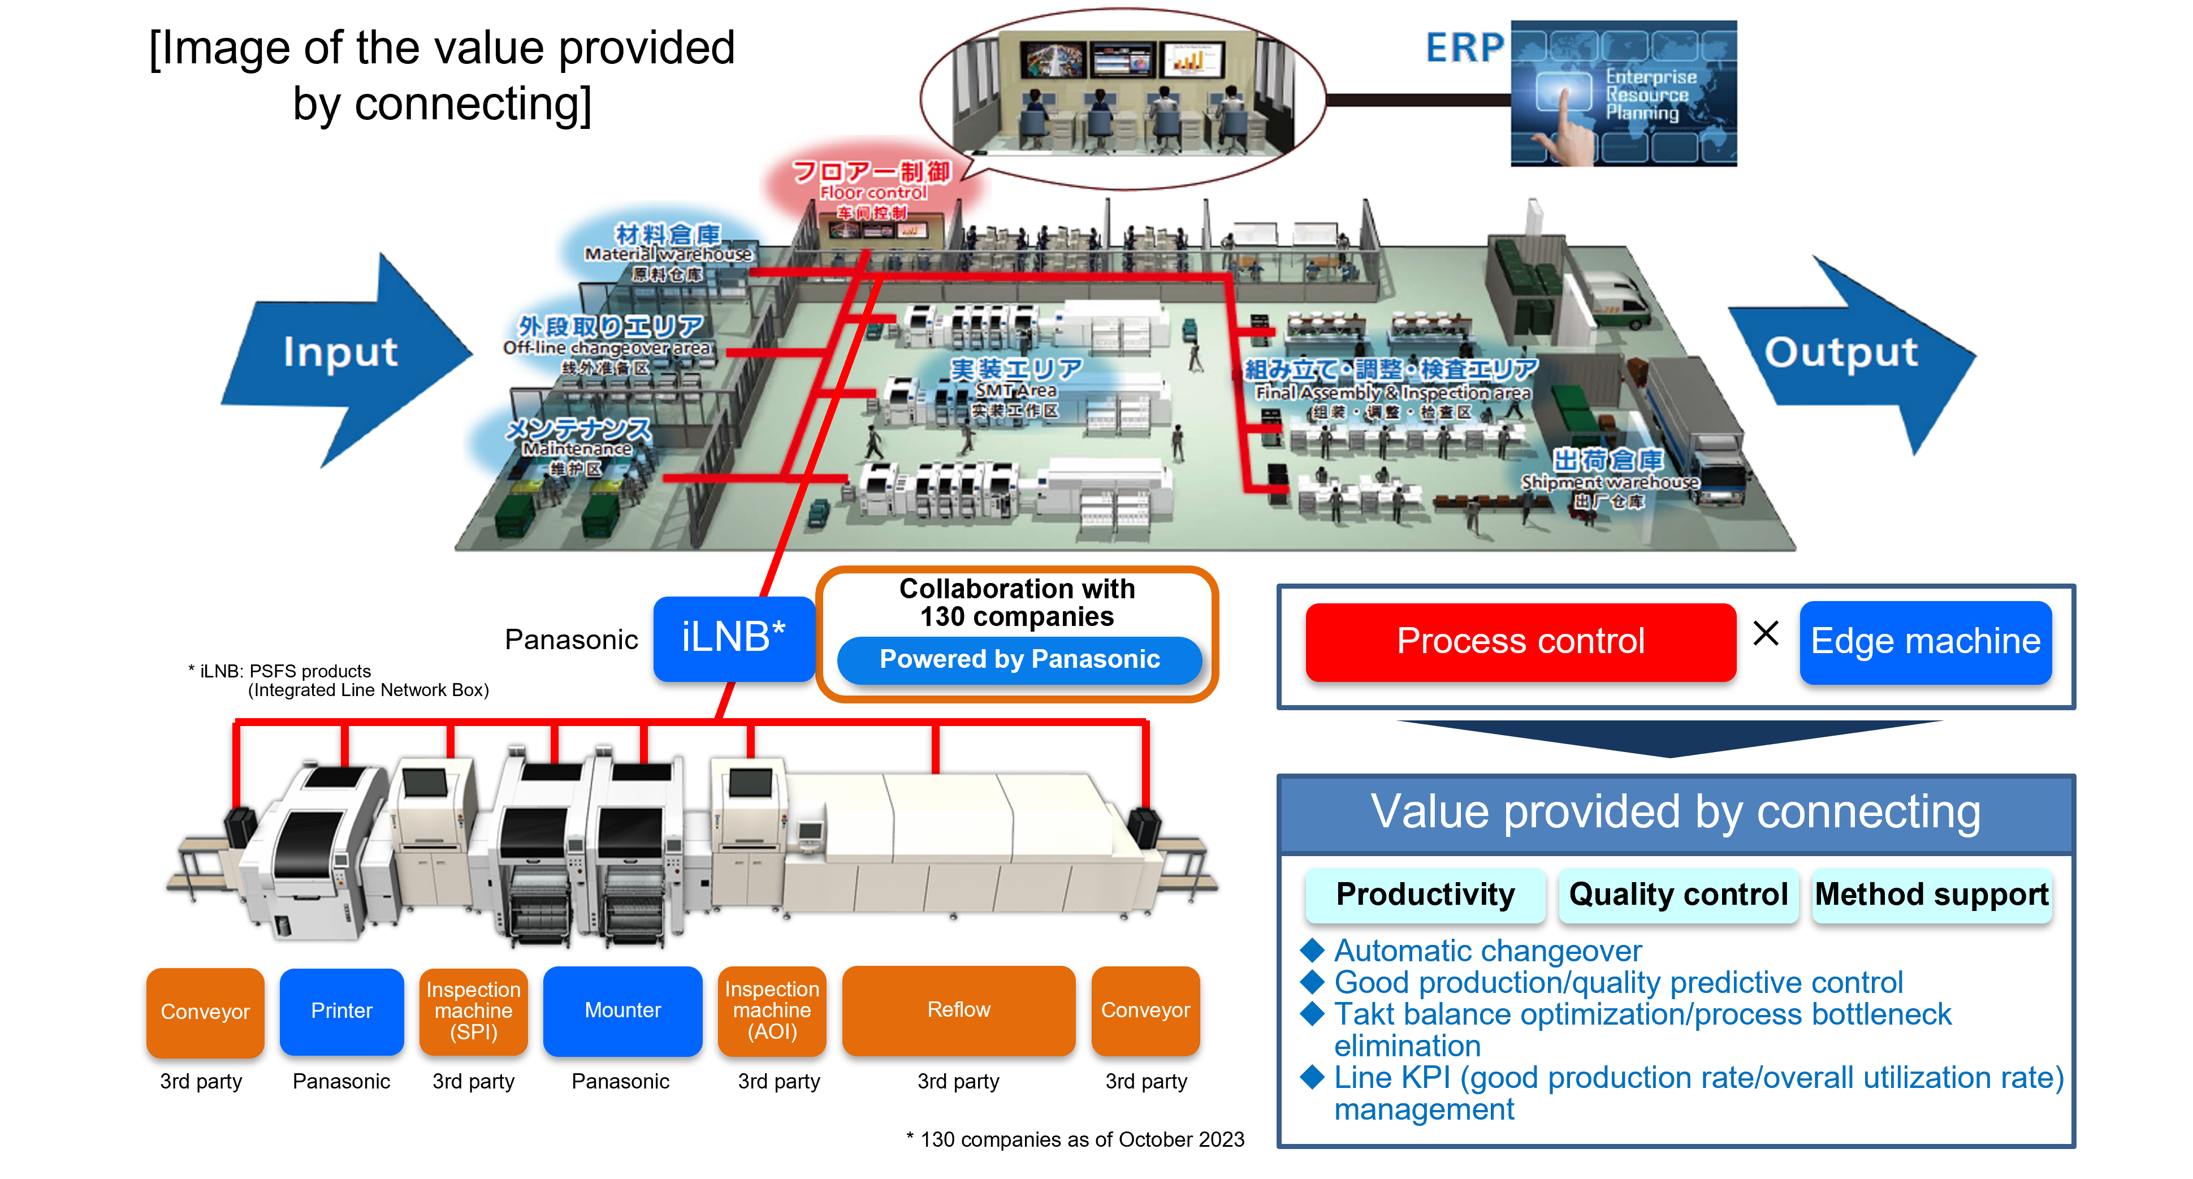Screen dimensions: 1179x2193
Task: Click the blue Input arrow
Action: (x=340, y=353)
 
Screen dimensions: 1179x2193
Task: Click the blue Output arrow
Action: (x=1843, y=353)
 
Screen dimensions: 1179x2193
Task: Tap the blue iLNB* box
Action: (x=734, y=638)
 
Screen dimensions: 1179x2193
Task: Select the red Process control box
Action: (x=1520, y=642)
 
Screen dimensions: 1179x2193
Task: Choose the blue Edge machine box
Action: (x=1925, y=642)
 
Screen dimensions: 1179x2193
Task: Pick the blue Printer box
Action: (x=341, y=1011)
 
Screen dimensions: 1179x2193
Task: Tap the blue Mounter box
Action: (x=622, y=1010)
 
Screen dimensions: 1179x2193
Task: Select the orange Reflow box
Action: (x=959, y=1010)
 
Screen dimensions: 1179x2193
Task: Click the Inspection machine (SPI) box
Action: (x=473, y=1011)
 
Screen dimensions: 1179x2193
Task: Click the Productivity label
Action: (x=1425, y=895)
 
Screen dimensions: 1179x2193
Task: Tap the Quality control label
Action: (x=1678, y=895)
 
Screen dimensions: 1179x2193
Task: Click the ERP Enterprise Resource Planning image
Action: (x=1624, y=94)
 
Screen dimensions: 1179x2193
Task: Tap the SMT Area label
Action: (x=1015, y=389)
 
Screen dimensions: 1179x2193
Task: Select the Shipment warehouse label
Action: (x=1609, y=481)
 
